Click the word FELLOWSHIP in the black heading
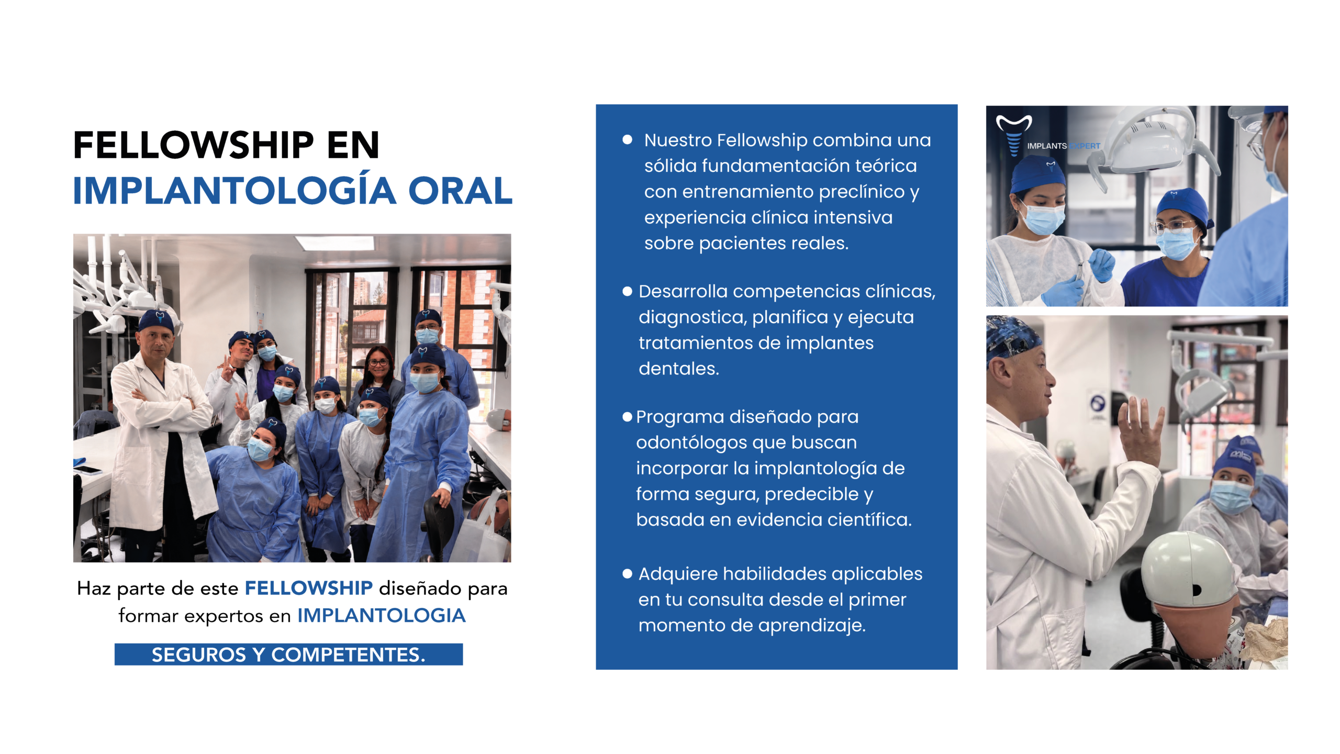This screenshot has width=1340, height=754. (194, 145)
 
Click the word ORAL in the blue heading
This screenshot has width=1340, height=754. (460, 191)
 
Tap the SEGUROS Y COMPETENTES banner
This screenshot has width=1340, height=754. (288, 655)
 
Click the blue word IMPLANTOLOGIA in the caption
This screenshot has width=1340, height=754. (382, 615)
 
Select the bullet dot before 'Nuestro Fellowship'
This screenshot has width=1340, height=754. (627, 140)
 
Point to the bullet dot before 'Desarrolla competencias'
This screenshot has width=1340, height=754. (627, 291)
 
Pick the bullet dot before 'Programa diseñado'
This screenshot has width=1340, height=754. (627, 417)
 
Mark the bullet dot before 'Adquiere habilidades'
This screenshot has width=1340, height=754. (627, 574)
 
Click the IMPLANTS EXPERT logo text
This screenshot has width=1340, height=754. (1063, 146)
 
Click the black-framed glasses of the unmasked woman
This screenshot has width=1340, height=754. (378, 362)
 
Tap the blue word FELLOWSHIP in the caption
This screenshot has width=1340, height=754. (309, 588)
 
